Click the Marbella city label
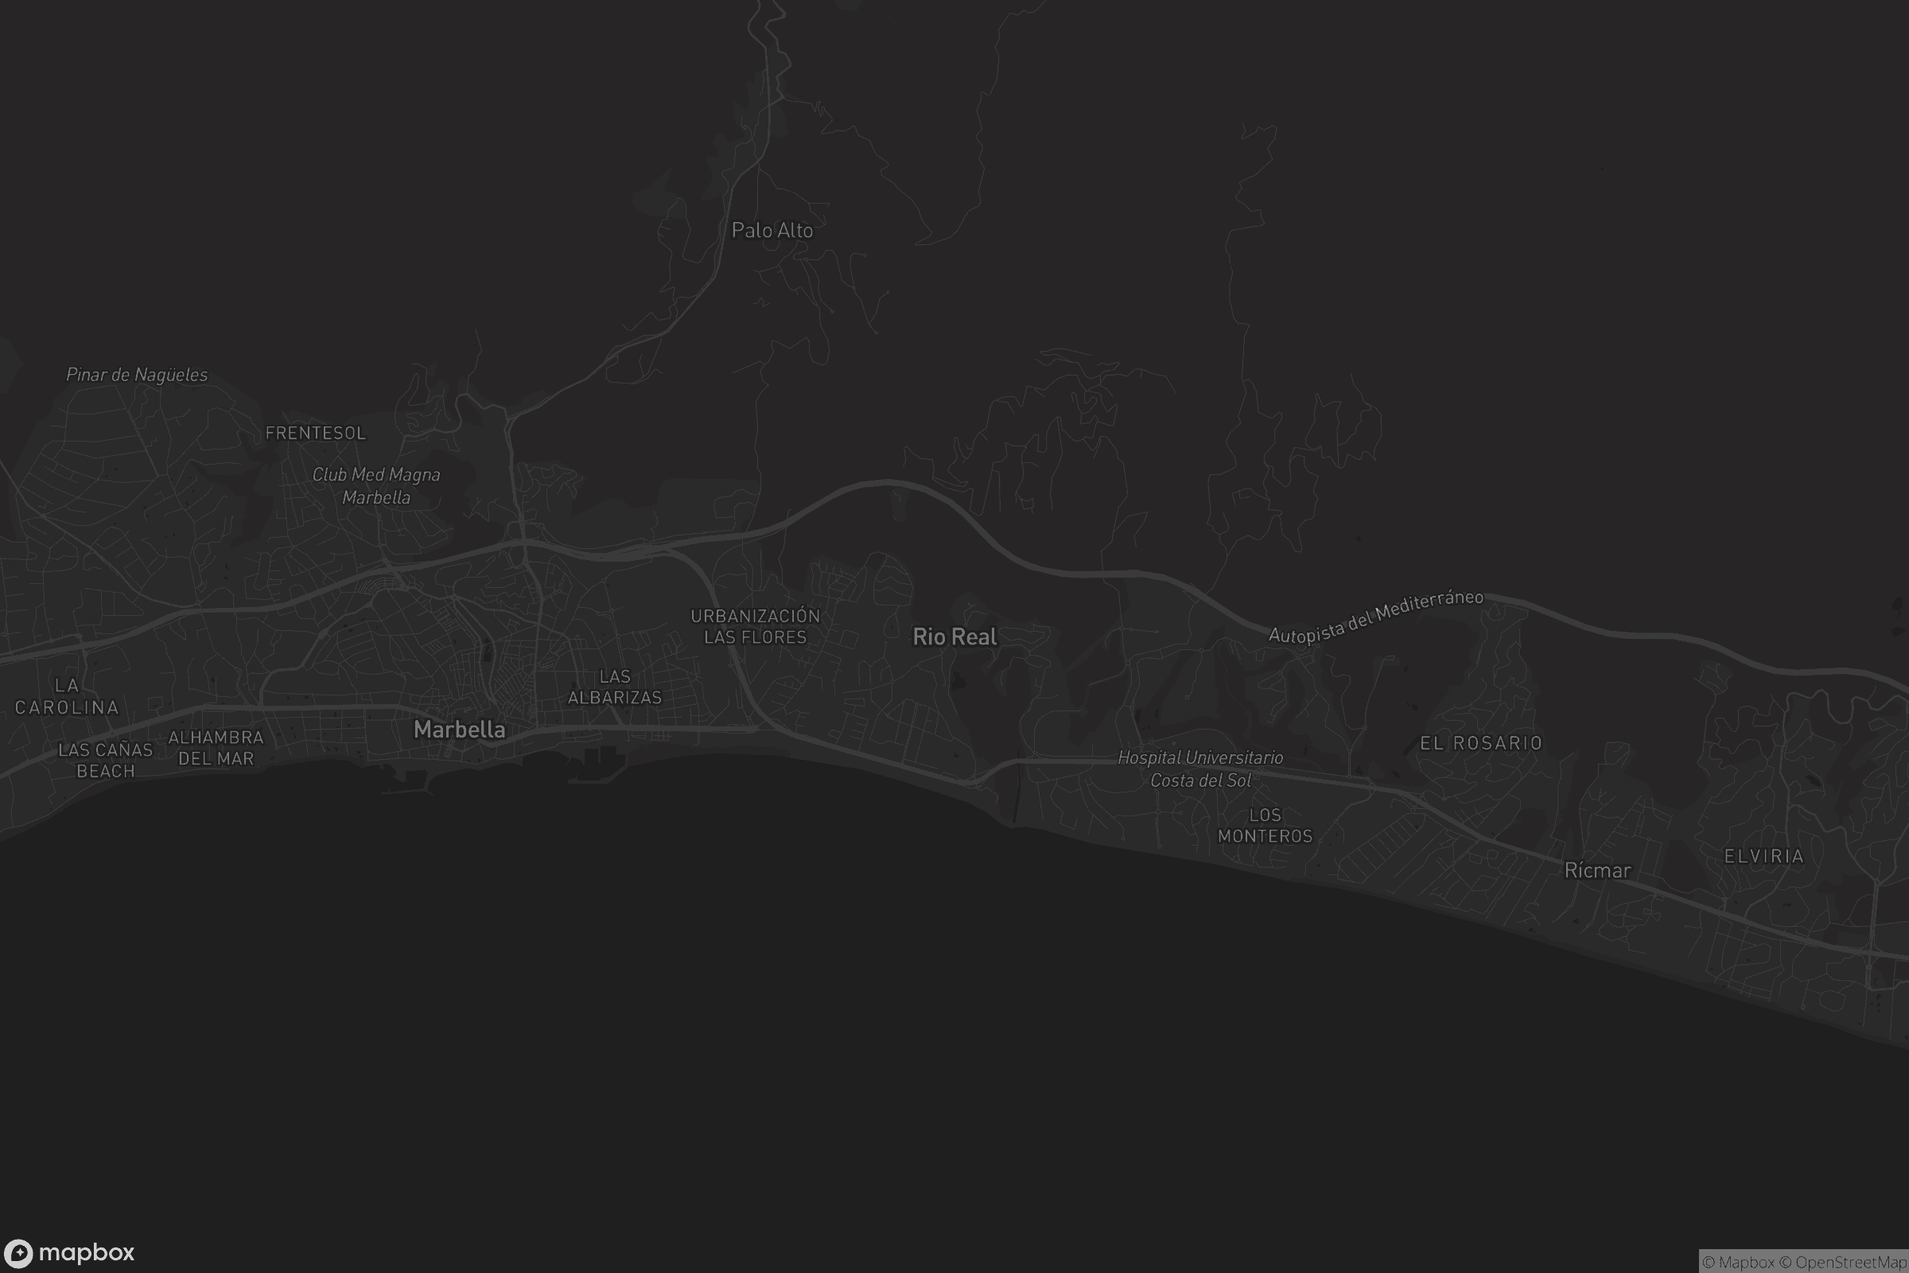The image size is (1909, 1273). point(460,729)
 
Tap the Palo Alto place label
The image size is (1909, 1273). point(772,231)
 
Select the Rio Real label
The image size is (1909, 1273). point(954,636)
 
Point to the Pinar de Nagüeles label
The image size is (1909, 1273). point(136,374)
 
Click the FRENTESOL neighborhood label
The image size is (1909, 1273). point(316,433)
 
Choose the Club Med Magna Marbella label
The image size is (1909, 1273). point(376,485)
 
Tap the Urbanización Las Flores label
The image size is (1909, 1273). point(756,626)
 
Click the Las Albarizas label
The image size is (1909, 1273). point(614,687)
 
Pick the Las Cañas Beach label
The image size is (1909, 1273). point(106,760)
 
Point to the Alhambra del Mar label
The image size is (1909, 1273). point(216,748)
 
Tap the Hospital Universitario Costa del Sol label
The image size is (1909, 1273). point(1200,768)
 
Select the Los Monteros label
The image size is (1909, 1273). point(1265,825)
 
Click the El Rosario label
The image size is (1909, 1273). point(1480,743)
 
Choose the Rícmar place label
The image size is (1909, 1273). point(1597,870)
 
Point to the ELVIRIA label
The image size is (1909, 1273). point(1763,856)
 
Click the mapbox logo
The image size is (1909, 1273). point(69,1252)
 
